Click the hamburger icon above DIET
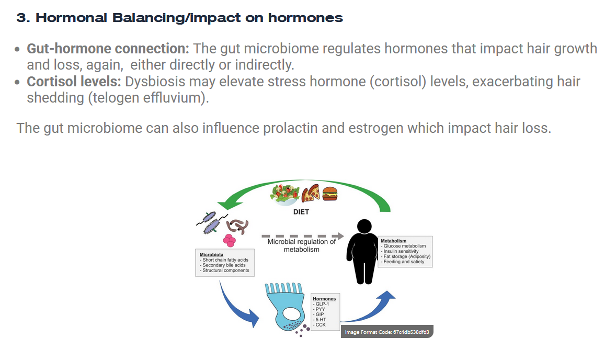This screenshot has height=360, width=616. (330, 194)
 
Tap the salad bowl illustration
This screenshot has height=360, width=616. (285, 194)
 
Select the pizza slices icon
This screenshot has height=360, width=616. (311, 193)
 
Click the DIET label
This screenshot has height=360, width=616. (301, 212)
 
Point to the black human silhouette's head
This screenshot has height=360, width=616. (364, 227)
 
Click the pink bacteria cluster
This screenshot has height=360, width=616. (230, 240)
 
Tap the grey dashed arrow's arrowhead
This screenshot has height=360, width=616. (340, 236)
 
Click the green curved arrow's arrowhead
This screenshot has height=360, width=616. (230, 204)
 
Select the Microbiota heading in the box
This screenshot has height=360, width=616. (211, 255)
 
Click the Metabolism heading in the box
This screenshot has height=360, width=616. (393, 241)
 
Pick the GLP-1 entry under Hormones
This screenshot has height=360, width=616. (321, 304)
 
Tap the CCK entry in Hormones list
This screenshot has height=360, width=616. (320, 324)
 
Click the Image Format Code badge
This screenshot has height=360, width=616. (387, 332)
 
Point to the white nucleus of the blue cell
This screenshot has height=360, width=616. (291, 313)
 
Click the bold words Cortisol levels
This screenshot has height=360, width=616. (74, 81)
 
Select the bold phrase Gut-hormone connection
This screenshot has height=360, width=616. (108, 48)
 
